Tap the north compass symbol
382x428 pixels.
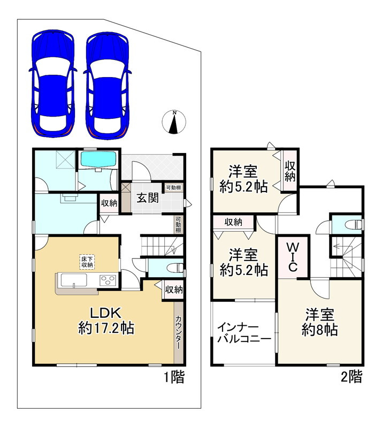pos(174,122)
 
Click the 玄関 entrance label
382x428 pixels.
pos(148,197)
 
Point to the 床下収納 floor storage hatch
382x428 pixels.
pos(87,262)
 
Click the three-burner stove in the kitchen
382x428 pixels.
pos(108,280)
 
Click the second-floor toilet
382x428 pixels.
pos(353,225)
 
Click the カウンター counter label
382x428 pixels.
pos(178,332)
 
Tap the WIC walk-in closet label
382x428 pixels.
pos(293,257)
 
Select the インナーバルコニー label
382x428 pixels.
pos(244,333)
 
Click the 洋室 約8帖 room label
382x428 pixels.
pos(320,322)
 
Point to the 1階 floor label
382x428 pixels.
pos(174,377)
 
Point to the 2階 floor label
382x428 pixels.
pos(352,377)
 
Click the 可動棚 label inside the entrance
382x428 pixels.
pos(174,188)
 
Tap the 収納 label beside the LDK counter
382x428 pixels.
pos(174,289)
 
